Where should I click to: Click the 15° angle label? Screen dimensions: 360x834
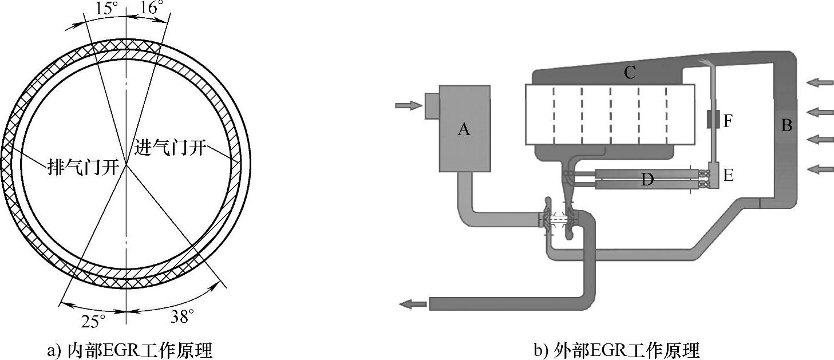[106, 8]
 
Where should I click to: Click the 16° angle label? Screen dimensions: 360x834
[151, 8]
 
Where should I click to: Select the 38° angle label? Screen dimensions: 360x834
[183, 315]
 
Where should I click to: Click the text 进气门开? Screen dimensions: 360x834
[169, 145]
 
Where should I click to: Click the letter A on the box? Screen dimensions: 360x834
[464, 130]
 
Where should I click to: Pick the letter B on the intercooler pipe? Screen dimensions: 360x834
[786, 125]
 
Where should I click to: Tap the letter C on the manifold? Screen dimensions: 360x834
[630, 72]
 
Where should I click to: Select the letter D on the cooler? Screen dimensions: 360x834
[647, 180]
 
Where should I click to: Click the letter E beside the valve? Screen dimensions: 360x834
[728, 175]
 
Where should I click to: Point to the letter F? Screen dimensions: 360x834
[728, 121]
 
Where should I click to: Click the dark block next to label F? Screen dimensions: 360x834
[713, 120]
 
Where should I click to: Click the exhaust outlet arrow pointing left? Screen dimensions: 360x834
[413, 304]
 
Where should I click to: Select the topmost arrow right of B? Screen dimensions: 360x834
[820, 84]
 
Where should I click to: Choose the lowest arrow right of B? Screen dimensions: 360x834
[820, 168]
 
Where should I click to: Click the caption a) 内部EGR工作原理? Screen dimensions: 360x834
[129, 350]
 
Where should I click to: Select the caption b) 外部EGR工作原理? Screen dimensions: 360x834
[617, 350]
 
